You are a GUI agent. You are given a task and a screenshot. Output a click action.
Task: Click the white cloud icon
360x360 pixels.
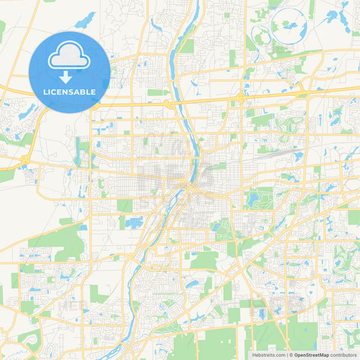click(70, 57)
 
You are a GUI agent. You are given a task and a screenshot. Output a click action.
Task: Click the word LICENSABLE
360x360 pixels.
click(70, 91)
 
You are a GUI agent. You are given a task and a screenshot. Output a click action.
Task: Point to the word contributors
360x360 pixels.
click(344, 355)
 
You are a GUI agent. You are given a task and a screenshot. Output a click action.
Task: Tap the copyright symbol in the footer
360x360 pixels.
click(291, 355)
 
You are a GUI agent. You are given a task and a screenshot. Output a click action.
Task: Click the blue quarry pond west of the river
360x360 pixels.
click(134, 222)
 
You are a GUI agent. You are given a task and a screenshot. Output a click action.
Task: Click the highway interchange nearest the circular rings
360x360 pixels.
click(240, 99)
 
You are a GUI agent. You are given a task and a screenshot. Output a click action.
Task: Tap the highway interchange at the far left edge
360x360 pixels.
click(25, 159)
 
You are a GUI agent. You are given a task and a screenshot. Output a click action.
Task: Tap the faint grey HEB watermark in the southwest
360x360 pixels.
click(71, 305)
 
